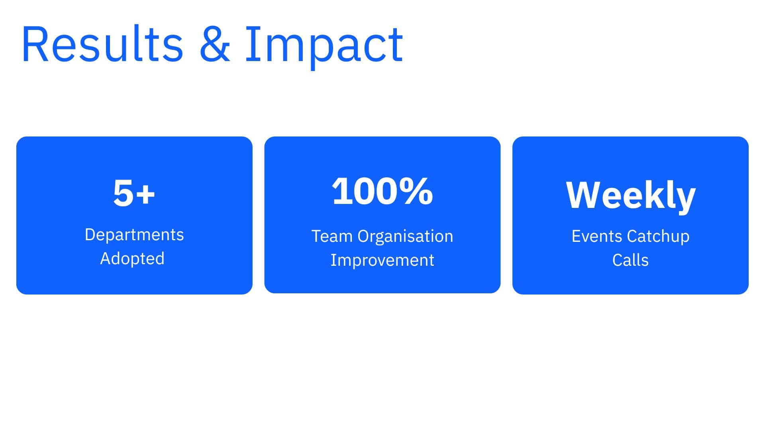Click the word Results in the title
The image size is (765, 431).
pyautogui.click(x=102, y=44)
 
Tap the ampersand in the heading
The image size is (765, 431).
pyautogui.click(x=214, y=44)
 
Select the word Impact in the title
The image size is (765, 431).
pyautogui.click(x=324, y=45)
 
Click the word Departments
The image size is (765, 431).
pyautogui.click(x=134, y=235)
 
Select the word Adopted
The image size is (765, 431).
pyautogui.click(x=132, y=259)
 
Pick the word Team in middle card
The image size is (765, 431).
pyautogui.click(x=332, y=236)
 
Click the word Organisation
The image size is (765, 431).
pyautogui.click(x=405, y=236)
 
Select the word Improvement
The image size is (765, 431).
pyautogui.click(x=382, y=260)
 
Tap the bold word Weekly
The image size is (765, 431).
pyautogui.click(x=630, y=196)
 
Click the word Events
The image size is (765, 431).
pyautogui.click(x=597, y=236)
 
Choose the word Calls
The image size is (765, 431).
pyautogui.click(x=630, y=260)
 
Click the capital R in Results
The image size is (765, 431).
pyautogui.click(x=35, y=44)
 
